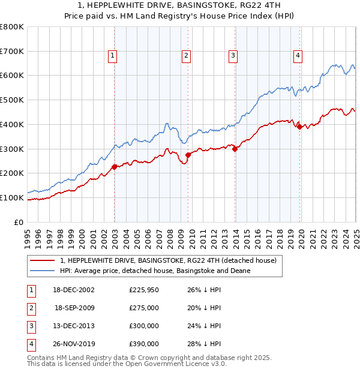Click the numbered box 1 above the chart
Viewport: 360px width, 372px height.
(113, 56)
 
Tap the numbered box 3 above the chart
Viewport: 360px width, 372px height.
(233, 56)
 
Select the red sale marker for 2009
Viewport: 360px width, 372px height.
(188, 155)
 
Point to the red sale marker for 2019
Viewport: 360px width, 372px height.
(299, 126)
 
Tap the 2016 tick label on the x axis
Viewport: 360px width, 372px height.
(258, 233)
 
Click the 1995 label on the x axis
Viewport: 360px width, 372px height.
(28, 233)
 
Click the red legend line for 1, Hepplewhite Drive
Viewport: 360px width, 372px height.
(43, 260)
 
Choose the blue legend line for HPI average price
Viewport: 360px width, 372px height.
(43, 271)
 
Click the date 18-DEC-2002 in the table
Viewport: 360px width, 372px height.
(74, 290)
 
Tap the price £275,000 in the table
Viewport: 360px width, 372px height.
(144, 308)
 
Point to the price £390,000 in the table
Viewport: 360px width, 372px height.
(144, 344)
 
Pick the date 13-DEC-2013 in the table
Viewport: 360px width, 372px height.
(74, 326)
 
